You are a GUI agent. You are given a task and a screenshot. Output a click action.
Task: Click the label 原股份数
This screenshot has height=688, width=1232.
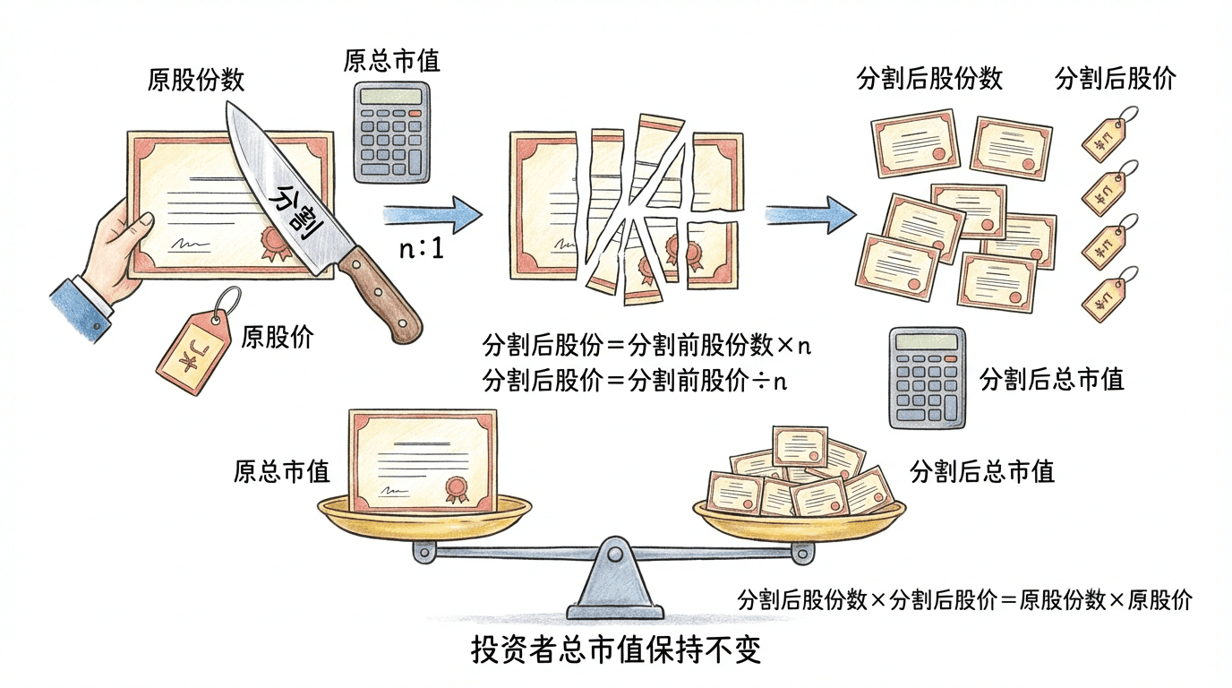(195, 81)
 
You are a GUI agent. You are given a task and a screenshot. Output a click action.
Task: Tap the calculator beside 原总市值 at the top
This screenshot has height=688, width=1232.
(390, 131)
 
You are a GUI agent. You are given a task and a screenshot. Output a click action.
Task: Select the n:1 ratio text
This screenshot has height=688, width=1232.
(420, 248)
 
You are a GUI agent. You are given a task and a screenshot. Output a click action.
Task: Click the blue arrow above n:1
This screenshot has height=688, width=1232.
(432, 215)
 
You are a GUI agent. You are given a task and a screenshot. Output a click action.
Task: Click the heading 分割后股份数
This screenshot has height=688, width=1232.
(929, 79)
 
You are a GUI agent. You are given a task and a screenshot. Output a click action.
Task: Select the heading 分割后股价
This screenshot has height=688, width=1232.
(1115, 79)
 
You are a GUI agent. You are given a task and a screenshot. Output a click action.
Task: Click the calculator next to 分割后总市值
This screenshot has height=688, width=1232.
(926, 377)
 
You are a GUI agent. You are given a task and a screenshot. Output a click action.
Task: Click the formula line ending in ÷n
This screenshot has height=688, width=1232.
(634, 381)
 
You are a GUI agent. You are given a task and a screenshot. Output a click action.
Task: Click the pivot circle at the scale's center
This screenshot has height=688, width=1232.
(614, 555)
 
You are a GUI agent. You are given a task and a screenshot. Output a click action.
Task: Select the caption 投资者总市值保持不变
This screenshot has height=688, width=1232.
(616, 649)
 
